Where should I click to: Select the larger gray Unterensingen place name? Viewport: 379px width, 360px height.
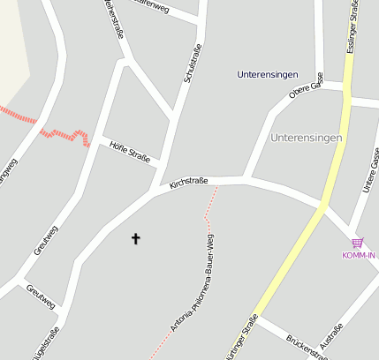tap(307, 138)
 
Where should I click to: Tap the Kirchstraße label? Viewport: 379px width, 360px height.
tap(188, 181)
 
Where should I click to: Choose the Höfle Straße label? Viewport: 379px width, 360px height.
tap(128, 153)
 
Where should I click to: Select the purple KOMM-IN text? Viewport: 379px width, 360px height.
tap(359, 255)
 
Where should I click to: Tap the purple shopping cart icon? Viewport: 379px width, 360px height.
tap(358, 243)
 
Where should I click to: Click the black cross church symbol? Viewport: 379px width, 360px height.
tap(136, 238)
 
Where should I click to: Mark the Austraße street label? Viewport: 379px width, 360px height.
tap(335, 340)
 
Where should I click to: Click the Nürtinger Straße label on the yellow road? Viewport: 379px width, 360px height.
tap(237, 340)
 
